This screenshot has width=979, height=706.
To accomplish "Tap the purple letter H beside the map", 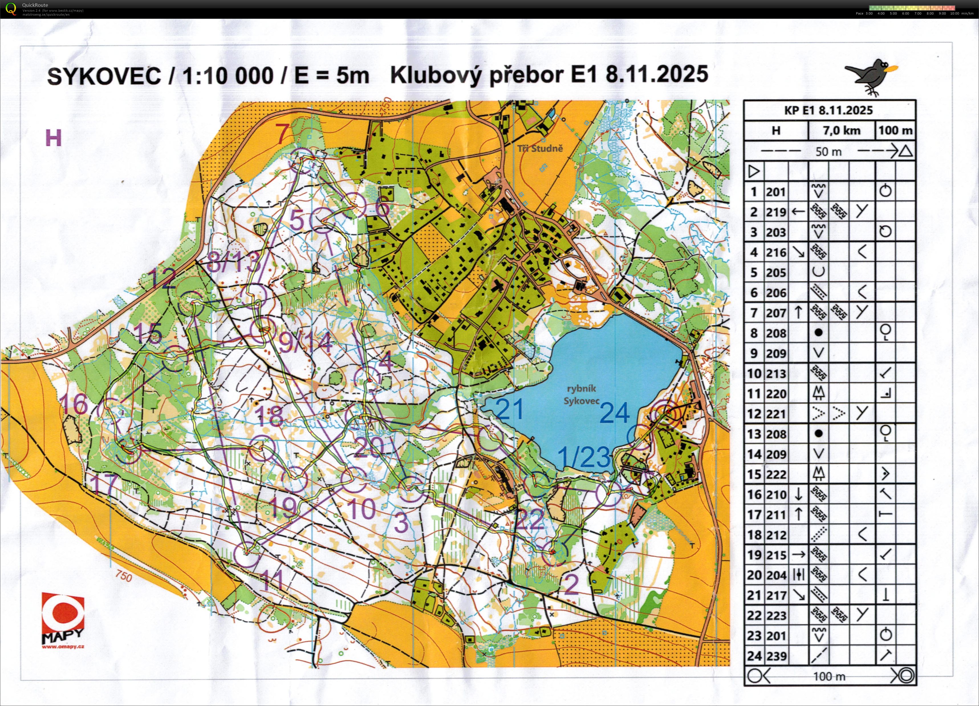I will (x=54, y=139).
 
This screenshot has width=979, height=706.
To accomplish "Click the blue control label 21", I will (x=510, y=409).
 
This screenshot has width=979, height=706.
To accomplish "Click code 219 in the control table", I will (x=776, y=212).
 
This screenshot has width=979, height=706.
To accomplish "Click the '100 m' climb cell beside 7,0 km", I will (x=895, y=130).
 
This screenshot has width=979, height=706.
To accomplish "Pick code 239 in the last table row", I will (x=776, y=656).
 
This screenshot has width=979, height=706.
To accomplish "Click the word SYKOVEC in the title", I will (x=103, y=76).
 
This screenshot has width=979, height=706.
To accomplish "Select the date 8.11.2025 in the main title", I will (x=657, y=74).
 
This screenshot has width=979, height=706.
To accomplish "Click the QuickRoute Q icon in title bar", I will (x=11, y=9).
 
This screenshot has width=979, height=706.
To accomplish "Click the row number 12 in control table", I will (x=754, y=414).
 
